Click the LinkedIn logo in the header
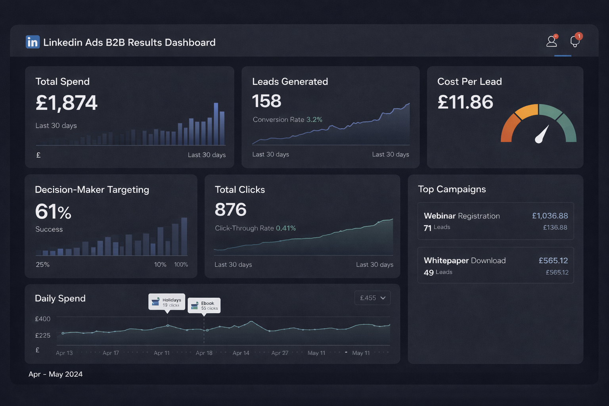point(33,42)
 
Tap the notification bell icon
point(575,41)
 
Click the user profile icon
point(552,41)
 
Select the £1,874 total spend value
point(66,103)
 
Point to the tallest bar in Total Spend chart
point(216,124)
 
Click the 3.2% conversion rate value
point(314,119)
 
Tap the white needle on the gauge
point(542,134)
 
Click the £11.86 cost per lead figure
point(465,102)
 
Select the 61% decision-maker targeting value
point(53,211)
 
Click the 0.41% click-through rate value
point(285,228)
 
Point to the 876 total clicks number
point(230,209)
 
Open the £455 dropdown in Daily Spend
point(372,298)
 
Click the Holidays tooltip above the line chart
point(167,302)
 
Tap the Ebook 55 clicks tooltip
point(204,305)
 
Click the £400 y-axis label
point(43,319)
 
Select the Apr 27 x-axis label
point(280,353)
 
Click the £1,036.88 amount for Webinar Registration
point(550,216)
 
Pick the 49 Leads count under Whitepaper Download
point(438,272)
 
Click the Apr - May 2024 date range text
point(56,374)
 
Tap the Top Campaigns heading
point(452,189)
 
